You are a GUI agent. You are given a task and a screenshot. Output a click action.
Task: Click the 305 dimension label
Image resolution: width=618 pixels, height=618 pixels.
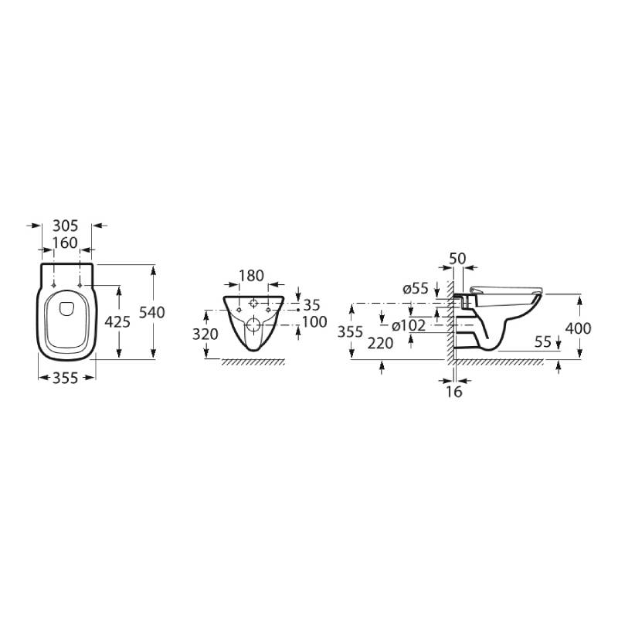coord(66,226)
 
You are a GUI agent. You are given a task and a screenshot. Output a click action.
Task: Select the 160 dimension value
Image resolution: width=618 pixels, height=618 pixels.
coord(66,243)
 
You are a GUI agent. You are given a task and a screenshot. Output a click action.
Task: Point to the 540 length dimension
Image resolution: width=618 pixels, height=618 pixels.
coord(152,313)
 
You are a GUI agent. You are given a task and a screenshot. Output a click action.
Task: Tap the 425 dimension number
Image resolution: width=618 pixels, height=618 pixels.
coord(117,322)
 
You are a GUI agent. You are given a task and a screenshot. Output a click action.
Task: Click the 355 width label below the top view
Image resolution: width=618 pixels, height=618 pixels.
coord(66,379)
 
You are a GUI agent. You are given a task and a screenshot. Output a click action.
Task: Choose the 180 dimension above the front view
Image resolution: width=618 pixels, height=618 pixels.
coord(252,276)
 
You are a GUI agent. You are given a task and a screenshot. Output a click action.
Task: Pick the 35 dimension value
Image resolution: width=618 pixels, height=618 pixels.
coord(312,305)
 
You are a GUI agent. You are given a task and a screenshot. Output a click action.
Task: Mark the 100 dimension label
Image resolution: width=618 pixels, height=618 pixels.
coord(314,322)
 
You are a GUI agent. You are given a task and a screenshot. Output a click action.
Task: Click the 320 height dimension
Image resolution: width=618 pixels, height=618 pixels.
coord(205,334)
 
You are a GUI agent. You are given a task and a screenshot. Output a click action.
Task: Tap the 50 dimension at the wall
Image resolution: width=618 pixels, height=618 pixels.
coord(457,259)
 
